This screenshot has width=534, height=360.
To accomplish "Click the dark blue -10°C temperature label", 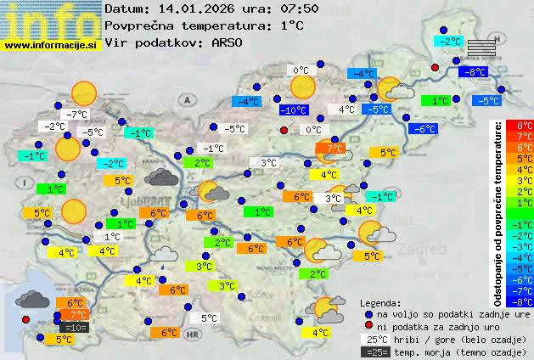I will (x=292, y=110).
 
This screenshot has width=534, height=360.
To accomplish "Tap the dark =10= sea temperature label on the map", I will (x=74, y=327).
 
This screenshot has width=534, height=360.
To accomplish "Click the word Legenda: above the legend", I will (x=380, y=302).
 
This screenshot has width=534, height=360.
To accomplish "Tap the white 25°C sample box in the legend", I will (x=374, y=339).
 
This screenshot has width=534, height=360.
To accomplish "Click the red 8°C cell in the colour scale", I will (x=525, y=126).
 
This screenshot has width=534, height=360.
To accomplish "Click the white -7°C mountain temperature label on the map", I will (x=79, y=114).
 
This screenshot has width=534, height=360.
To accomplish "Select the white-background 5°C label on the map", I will (x=209, y=318).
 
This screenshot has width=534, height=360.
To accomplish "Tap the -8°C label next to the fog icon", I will (x=473, y=72).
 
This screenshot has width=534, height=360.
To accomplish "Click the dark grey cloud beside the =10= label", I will (x=32, y=299).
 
